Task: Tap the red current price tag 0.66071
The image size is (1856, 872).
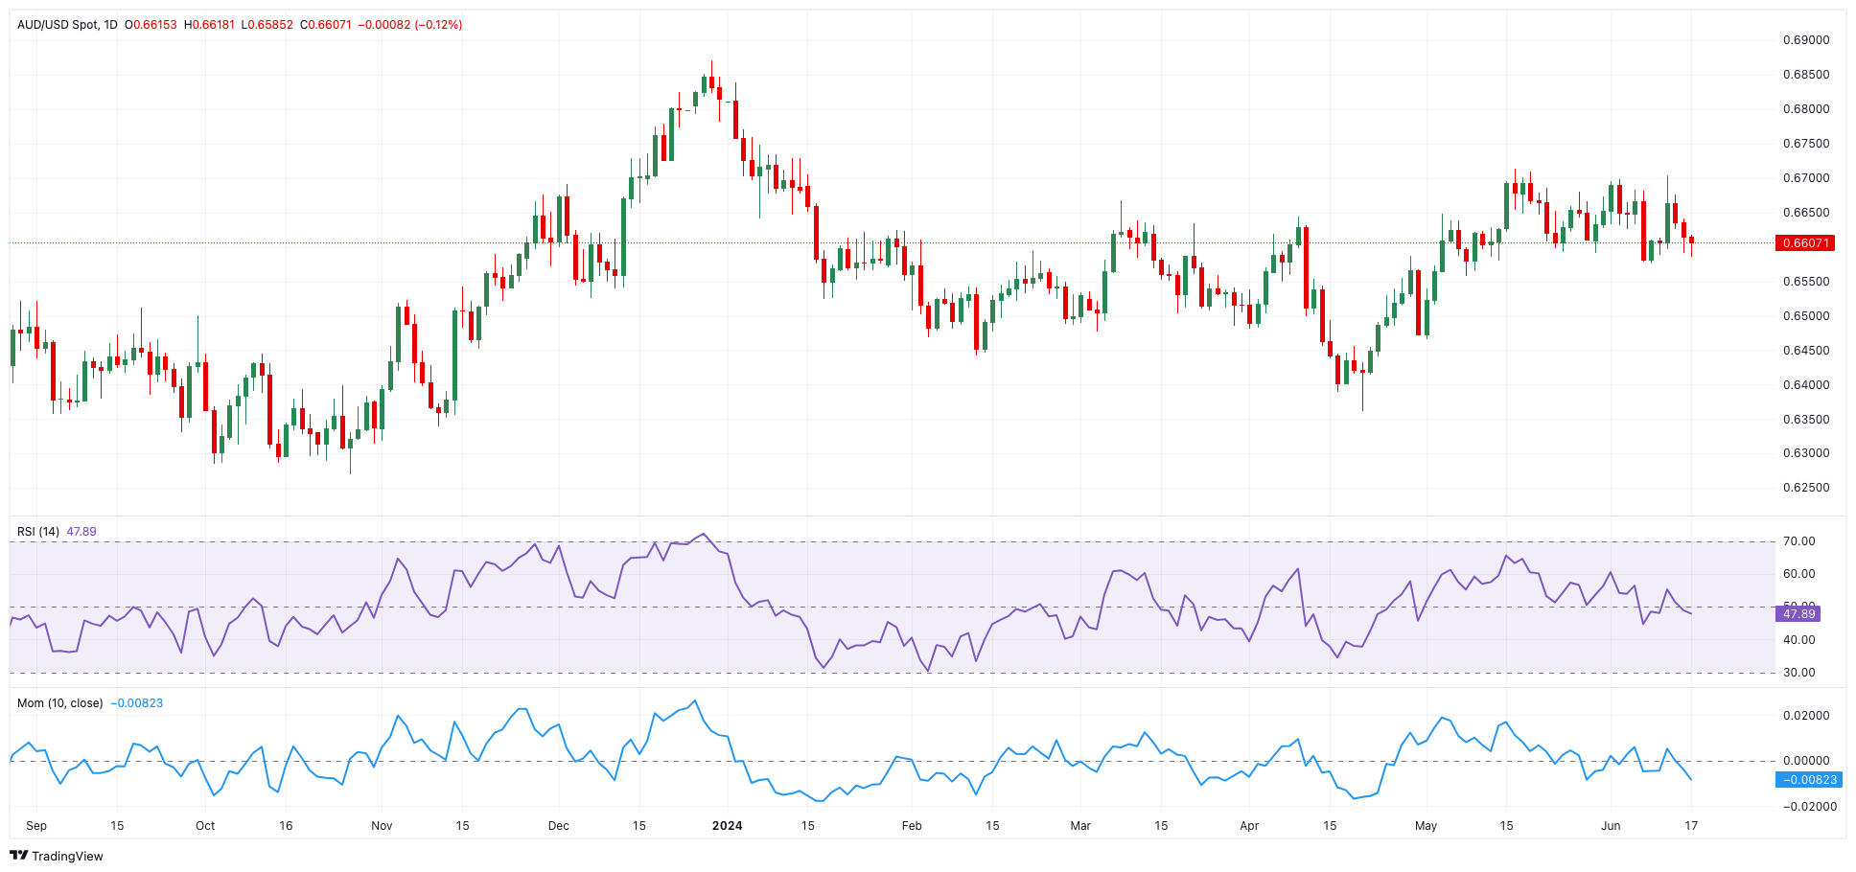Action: click(x=1806, y=243)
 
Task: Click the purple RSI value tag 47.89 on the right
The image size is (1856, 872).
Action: click(x=1798, y=614)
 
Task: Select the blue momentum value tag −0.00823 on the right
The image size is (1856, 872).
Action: click(x=1808, y=780)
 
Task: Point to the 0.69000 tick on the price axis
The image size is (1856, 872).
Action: click(x=1806, y=40)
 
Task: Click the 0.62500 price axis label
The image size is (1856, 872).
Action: click(x=1806, y=488)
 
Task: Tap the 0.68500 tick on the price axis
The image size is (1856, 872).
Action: click(x=1806, y=75)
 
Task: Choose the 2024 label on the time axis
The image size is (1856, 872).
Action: click(x=728, y=826)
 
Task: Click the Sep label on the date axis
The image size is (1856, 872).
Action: click(x=36, y=826)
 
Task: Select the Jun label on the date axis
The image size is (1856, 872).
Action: click(x=1611, y=826)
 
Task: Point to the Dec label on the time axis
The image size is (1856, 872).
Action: click(x=559, y=826)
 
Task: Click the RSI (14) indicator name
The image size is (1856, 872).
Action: click(x=38, y=532)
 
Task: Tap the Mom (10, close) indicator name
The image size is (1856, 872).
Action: click(x=59, y=703)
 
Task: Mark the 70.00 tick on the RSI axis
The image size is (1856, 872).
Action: click(x=1798, y=541)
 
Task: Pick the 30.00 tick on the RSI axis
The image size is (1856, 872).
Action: click(x=1798, y=673)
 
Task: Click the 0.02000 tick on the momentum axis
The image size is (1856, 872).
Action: click(x=1806, y=716)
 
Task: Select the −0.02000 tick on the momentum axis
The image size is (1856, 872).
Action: click(x=1804, y=807)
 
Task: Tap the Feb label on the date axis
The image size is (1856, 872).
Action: click(x=912, y=826)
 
